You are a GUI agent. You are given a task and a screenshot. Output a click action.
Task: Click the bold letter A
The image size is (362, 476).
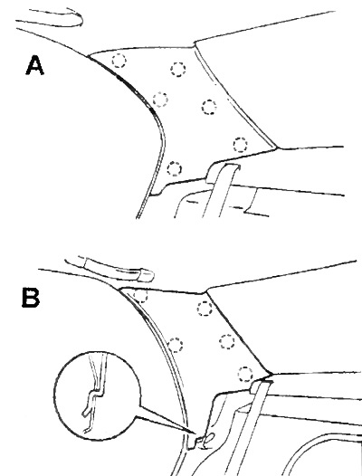pos(35,65)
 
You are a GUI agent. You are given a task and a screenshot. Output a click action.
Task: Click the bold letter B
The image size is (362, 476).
pos(31,298)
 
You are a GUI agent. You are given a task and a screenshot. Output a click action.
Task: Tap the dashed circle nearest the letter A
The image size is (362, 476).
pos(119,61)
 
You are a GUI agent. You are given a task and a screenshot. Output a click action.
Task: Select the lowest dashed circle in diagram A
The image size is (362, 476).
pos(175,168)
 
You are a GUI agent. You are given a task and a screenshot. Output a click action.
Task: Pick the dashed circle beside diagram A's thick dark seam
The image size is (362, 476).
pos(160,100)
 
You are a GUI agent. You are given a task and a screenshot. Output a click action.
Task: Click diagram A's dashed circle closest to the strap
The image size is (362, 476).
pos(241,145)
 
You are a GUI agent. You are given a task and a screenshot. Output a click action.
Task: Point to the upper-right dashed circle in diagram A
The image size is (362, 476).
pos(178,69)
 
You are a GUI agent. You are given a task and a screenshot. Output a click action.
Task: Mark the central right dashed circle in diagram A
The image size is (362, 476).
pos(209,107)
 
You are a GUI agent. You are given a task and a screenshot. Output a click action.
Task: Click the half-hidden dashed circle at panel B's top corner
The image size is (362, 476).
pos(140,296)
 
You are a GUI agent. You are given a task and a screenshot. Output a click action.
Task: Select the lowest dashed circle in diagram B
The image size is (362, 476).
pos(245,374)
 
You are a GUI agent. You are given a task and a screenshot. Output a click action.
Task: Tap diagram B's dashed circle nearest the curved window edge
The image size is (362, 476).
pos(176,345)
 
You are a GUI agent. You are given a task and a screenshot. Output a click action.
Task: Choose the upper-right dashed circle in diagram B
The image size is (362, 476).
pos(205,309)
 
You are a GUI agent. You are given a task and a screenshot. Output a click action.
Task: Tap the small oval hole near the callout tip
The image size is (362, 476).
pos(210,438)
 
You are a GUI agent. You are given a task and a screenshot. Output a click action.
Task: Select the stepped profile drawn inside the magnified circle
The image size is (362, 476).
pos(95,395)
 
